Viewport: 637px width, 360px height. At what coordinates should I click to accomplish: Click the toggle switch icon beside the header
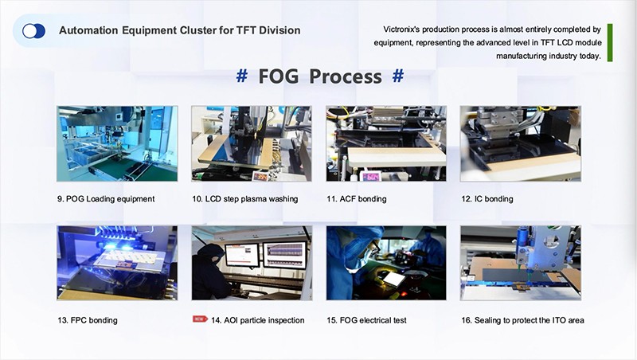[33, 31]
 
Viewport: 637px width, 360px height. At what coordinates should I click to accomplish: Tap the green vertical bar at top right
[610, 42]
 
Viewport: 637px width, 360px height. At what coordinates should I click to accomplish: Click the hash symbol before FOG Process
[241, 76]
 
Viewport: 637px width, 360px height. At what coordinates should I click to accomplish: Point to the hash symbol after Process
[398, 76]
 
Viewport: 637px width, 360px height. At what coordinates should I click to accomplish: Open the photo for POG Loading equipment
[117, 143]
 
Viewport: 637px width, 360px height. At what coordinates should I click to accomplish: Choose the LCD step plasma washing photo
[251, 143]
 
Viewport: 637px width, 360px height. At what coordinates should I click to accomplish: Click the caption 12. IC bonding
[487, 198]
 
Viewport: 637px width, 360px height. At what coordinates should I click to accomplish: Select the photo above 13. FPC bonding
[117, 263]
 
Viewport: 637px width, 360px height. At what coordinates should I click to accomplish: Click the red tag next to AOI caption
[200, 319]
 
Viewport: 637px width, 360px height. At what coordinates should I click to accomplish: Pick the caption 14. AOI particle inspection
[258, 320]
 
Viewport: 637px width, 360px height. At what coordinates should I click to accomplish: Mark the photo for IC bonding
[521, 143]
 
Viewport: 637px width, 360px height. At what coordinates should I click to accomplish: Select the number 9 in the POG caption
[60, 198]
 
